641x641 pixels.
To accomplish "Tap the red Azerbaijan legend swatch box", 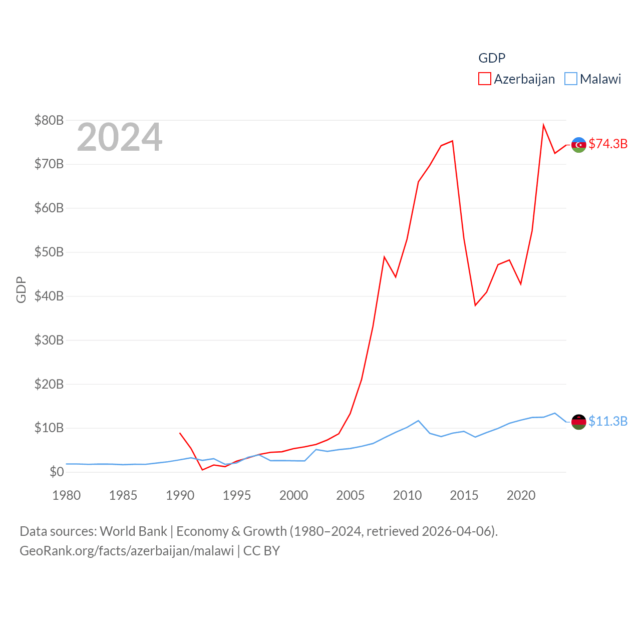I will [x=485, y=79].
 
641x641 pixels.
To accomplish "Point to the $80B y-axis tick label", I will [x=49, y=120].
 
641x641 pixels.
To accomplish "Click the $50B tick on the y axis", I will [x=49, y=252].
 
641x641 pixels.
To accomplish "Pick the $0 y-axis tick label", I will [x=57, y=472].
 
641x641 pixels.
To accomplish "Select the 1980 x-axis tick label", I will [x=67, y=495].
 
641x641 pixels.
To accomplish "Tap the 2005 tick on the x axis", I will [x=351, y=495].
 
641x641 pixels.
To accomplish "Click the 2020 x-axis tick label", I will [x=521, y=495].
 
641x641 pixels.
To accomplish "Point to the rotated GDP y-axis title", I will [x=21, y=289].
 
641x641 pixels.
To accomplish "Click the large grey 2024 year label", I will [x=119, y=137].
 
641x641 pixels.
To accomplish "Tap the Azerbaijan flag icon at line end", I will [x=579, y=145].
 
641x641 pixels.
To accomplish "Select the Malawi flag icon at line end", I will [x=579, y=422].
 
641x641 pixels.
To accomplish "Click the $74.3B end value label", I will [x=608, y=144].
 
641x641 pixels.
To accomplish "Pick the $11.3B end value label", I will [x=608, y=421].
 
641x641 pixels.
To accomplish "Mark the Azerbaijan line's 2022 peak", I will [x=543, y=125].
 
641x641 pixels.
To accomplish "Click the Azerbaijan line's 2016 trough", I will [x=475, y=305].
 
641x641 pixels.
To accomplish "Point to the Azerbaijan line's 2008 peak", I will [x=384, y=257].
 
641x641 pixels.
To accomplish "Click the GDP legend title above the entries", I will [x=492, y=58].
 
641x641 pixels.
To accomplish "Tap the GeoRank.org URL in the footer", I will [x=127, y=551].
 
